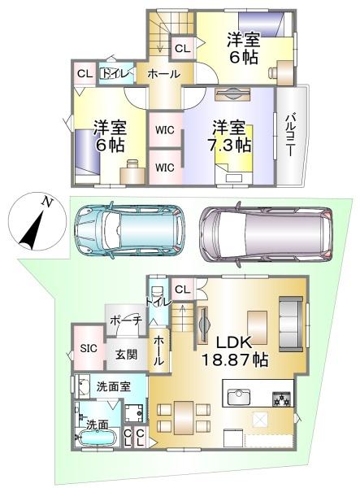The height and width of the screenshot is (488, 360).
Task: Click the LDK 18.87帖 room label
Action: tap(235, 351)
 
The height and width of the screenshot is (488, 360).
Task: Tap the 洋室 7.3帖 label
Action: tap(229, 136)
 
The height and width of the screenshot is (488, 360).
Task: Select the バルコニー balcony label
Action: tap(290, 135)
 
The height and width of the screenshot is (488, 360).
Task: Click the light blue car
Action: tap(130, 229)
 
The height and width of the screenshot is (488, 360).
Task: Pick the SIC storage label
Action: tap(89, 348)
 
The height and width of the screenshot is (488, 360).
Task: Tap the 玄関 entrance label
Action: tap(127, 354)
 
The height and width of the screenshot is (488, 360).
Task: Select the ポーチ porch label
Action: tap(126, 320)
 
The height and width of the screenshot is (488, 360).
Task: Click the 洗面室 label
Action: tap(114, 386)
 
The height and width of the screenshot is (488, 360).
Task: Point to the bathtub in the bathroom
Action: tap(98, 438)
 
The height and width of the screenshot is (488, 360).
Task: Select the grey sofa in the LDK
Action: tap(291, 324)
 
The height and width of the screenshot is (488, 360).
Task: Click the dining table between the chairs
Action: tap(184, 418)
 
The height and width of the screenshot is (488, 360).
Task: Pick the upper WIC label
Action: tap(165, 130)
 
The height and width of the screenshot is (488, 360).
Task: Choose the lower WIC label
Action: tap(165, 168)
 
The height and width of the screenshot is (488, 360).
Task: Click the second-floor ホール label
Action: tap(164, 74)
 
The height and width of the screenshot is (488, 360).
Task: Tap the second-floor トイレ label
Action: tap(115, 74)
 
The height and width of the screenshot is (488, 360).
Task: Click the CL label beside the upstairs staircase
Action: tap(182, 49)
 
